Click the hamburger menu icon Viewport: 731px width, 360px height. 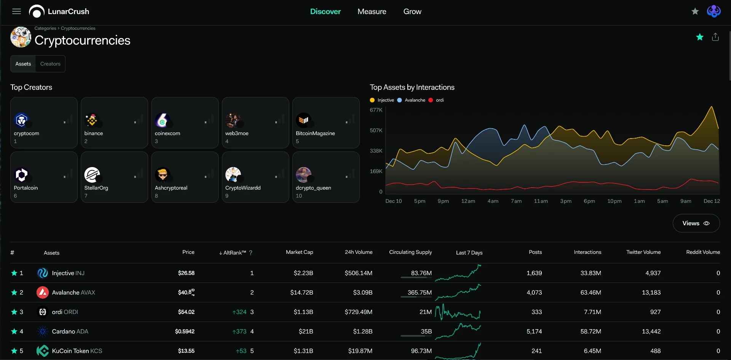click(x=16, y=11)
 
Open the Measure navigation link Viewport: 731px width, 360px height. click(x=372, y=11)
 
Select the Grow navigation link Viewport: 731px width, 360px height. click(x=412, y=11)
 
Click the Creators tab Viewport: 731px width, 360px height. click(x=50, y=64)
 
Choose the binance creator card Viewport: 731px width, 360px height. click(x=114, y=123)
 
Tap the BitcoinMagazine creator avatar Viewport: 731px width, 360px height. click(x=303, y=120)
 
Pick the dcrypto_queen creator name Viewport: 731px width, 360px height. click(x=313, y=188)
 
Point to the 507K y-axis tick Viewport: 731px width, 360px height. click(x=376, y=131)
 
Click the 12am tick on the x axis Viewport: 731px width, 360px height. click(x=468, y=201)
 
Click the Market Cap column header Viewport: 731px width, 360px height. click(x=299, y=252)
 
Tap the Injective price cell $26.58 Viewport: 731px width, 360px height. click(x=186, y=273)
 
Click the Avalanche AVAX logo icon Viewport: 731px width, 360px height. click(x=42, y=292)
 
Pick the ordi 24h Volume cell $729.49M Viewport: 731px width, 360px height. click(x=358, y=312)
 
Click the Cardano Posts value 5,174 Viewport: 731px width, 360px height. click(x=534, y=331)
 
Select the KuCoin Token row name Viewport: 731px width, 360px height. click(x=77, y=351)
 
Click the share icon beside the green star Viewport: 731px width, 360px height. click(x=715, y=37)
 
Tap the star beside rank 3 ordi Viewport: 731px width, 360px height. click(x=14, y=312)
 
